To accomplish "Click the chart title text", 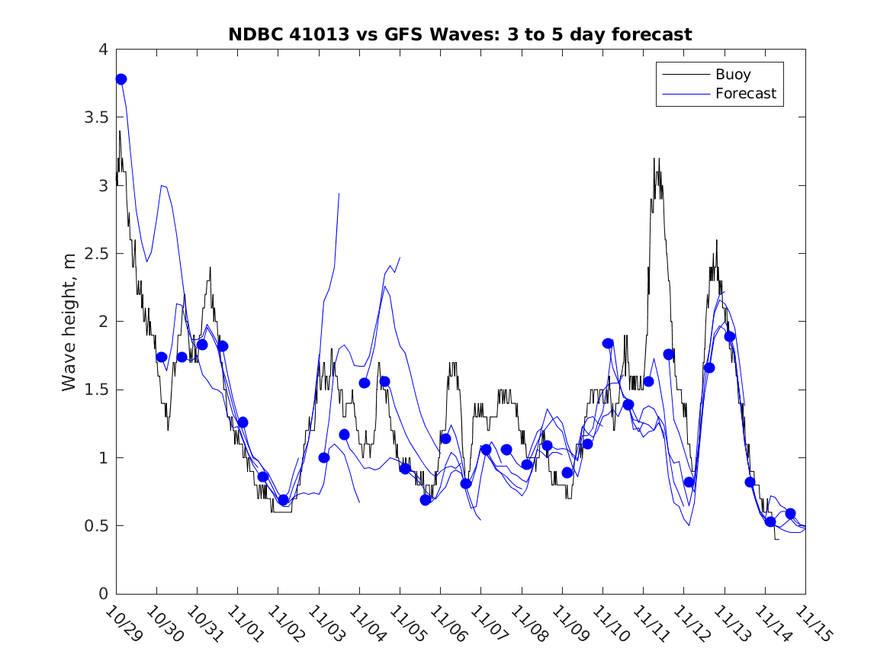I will pos(460,34).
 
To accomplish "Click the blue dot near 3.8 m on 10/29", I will pos(120,79).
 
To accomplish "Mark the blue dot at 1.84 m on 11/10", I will pos(608,344).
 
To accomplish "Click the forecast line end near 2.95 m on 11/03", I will pos(339,194).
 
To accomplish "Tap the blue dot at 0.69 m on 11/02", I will pos(283,500).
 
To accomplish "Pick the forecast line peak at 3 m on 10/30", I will pos(162,185).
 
